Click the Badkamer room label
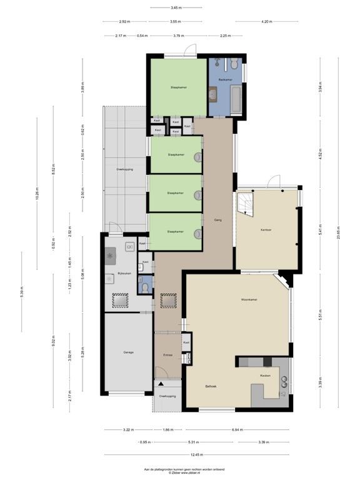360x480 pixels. coord(225,81)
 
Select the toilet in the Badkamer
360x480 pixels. coord(233,64)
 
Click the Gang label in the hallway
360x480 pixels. coord(218,220)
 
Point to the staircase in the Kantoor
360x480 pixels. coord(244,205)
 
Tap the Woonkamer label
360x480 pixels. coord(250,300)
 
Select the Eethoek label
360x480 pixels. coord(211,386)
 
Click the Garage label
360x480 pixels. coord(128,352)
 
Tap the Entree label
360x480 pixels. coord(167,355)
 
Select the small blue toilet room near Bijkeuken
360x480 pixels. coord(144,286)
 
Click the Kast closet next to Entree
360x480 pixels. coord(186,342)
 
